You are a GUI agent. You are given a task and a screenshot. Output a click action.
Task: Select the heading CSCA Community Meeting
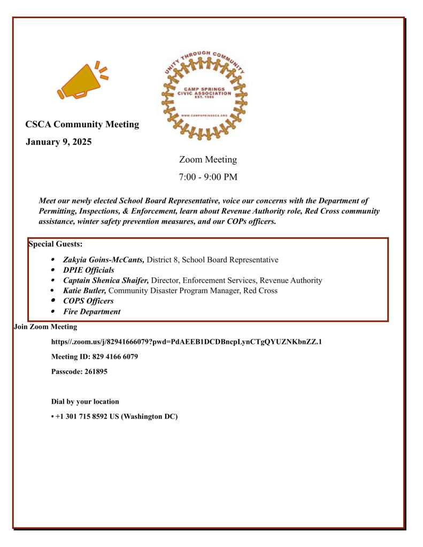pos(82,125)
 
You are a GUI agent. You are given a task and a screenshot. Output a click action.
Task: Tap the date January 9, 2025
pos(59,142)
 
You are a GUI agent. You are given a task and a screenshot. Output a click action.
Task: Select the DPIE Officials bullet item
pos(88,270)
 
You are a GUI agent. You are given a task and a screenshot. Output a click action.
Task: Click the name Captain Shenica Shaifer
pos(106,280)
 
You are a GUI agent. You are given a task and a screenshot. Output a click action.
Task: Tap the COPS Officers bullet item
pos(88,301)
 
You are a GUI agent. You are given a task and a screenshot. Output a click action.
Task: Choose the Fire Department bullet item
pos(91,312)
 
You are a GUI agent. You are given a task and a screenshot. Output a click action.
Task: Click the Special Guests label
pos(55,244)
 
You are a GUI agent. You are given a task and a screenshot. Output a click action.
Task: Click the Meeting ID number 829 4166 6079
pos(112,357)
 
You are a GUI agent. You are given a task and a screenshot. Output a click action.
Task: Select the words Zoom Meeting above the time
pos(208,159)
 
